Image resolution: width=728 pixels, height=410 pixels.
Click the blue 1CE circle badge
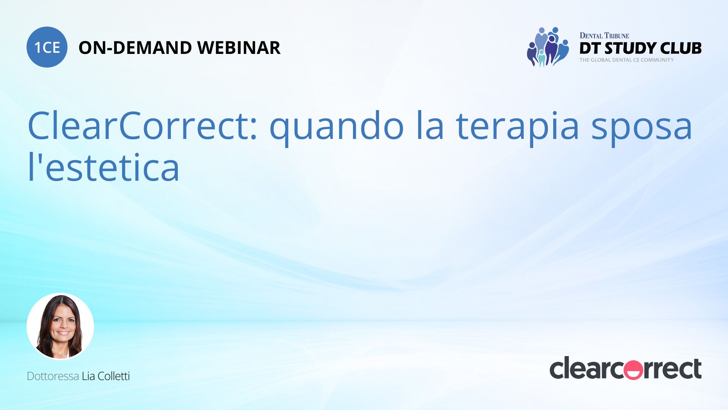[47, 47]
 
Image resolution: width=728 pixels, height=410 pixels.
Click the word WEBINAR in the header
[239, 48]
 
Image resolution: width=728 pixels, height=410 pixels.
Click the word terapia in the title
[518, 128]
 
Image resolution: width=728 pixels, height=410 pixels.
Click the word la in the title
[430, 126]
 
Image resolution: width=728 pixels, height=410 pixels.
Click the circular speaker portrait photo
[60, 326]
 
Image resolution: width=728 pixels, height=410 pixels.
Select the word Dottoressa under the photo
[53, 376]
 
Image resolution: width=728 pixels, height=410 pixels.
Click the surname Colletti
[114, 376]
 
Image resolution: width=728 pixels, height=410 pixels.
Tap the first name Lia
[88, 376]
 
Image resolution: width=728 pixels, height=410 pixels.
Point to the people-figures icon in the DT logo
[548, 47]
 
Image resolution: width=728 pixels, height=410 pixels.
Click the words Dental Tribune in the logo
[604, 36]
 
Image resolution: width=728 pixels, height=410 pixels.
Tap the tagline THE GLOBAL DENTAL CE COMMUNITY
[627, 60]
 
